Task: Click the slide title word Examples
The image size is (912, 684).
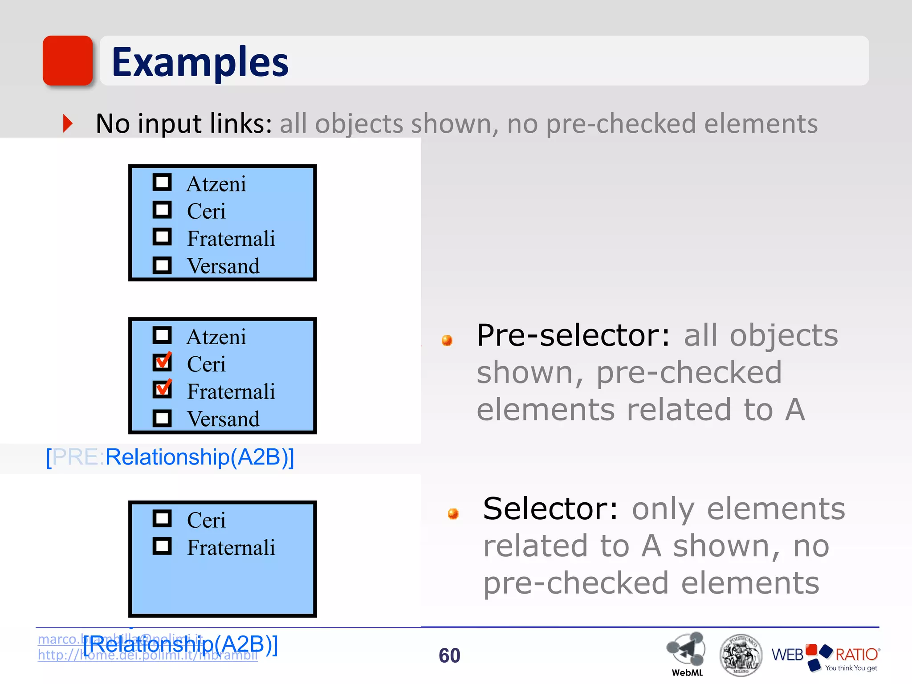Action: coord(200,62)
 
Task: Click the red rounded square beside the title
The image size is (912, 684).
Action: coord(68,61)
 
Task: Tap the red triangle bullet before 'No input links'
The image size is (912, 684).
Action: coord(68,123)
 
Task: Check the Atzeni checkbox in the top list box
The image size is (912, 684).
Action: coord(162,182)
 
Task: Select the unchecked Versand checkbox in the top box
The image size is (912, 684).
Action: coord(162,265)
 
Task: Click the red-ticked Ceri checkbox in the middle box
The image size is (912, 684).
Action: coord(162,362)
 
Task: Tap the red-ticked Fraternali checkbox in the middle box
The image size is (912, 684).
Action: coord(162,389)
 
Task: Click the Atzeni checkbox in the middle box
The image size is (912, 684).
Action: coord(162,335)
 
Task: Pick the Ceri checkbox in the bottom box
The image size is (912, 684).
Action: coord(162,518)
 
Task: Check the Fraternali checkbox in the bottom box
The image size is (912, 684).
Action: coord(162,546)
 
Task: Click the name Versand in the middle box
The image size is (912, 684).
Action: coord(223,419)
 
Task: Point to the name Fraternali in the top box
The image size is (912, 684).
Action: coord(231,239)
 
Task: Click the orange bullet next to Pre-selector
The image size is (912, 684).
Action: coord(447,341)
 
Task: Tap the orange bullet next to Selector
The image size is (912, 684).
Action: coord(453,514)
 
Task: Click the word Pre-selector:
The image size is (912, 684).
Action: coord(573,335)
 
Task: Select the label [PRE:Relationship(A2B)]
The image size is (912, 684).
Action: coord(170,457)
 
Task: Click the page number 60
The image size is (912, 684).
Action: coord(449,655)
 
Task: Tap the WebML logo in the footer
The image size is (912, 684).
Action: coord(686,652)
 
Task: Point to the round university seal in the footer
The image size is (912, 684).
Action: coord(741,655)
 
